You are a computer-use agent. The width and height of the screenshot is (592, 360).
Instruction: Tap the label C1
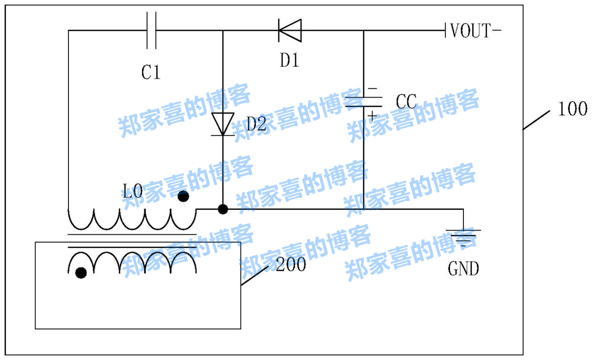[x=151, y=72]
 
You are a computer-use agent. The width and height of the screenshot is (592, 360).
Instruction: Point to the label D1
[x=290, y=61]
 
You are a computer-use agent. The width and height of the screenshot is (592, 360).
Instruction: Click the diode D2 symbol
[x=223, y=124]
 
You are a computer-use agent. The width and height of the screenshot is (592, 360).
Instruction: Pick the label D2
[x=256, y=124]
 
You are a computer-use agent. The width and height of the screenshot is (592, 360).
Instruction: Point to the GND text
[x=463, y=268]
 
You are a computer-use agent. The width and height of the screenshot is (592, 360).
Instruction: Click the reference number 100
[x=573, y=110]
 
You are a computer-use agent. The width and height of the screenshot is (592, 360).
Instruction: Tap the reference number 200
[x=291, y=265]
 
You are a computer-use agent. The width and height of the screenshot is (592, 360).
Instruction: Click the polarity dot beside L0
[x=184, y=197]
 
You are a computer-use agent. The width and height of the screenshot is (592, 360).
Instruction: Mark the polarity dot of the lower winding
[x=81, y=273]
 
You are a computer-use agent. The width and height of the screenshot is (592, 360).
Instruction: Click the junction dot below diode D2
[x=223, y=209]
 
